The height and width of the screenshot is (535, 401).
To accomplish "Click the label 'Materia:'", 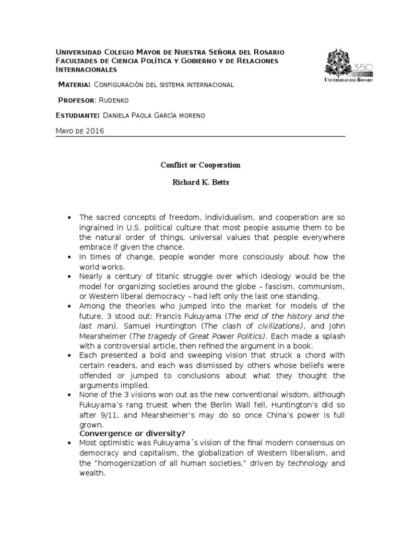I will point(75,85).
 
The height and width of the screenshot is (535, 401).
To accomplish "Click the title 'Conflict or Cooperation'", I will point(200,165).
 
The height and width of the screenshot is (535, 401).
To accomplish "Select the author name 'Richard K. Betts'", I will point(200,184).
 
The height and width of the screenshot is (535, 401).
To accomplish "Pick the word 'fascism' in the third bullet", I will point(250,286).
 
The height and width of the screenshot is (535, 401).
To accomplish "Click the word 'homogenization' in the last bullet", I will point(122,464).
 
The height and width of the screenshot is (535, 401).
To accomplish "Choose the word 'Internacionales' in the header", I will point(86,69).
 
